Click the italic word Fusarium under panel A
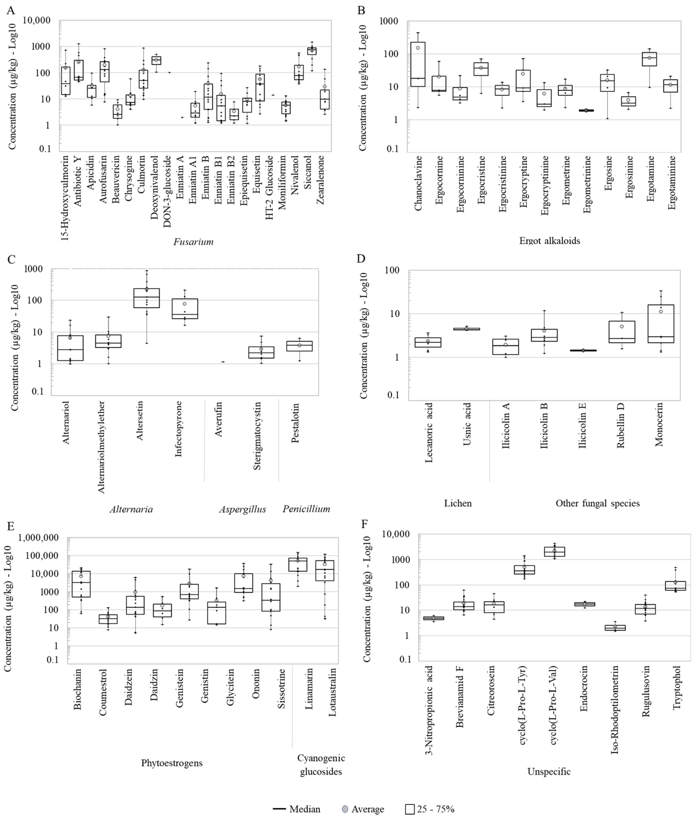193,242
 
